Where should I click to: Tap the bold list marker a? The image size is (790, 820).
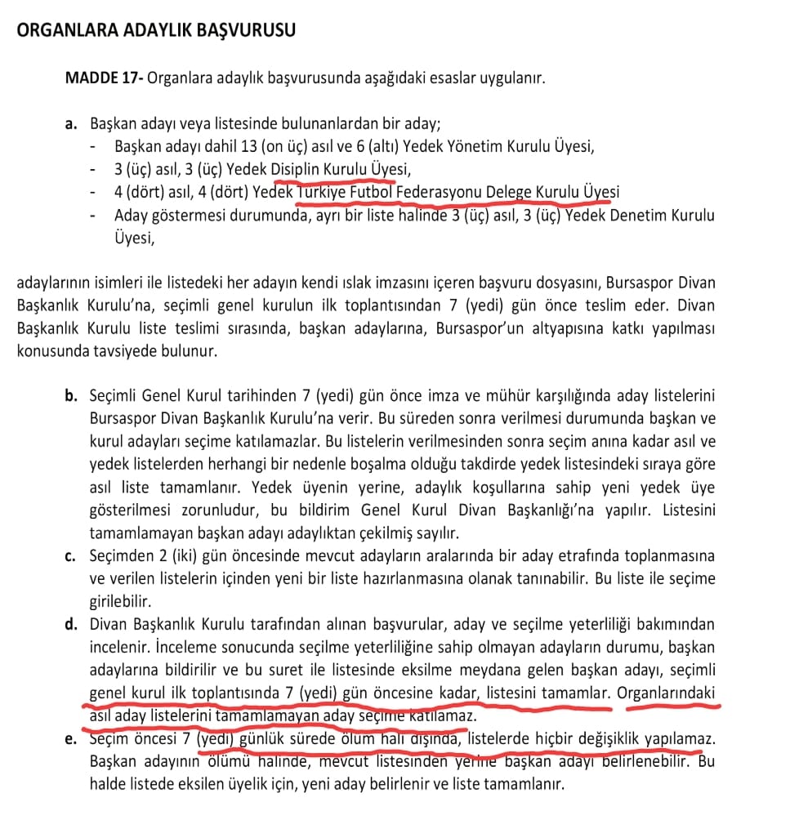coord(71,125)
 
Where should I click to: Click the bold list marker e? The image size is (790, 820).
coord(72,741)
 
